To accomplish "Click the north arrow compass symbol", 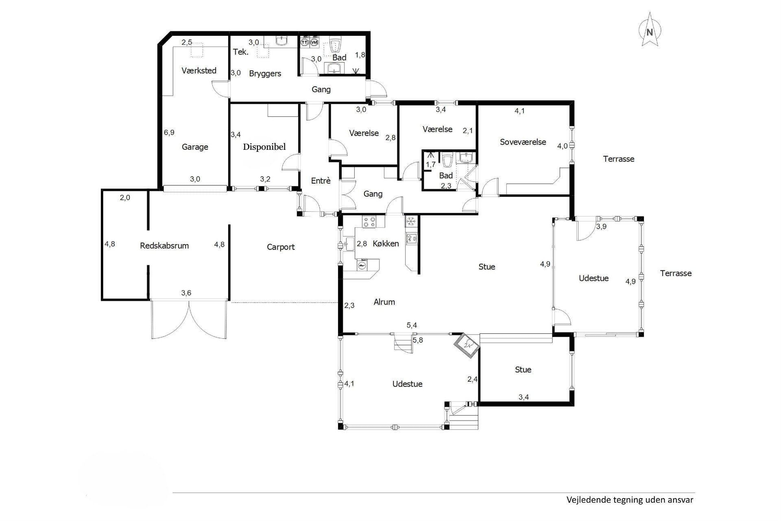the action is [650, 29].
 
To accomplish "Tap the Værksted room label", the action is [199, 70].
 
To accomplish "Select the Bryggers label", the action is [265, 74].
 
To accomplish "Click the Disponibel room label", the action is [264, 147].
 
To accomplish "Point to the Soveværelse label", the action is [523, 142].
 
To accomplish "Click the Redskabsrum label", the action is [164, 246].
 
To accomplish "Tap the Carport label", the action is [281, 247].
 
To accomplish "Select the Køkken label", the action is [386, 243].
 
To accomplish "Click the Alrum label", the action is [384, 302].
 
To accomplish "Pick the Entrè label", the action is [321, 181].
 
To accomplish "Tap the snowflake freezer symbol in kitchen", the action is [411, 221].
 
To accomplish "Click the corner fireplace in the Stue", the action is [467, 346].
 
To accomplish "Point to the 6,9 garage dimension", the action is [169, 132].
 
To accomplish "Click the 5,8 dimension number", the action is [418, 340].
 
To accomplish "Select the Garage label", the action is [195, 147].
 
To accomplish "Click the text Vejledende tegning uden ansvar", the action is [630, 500].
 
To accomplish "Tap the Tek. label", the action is [241, 52].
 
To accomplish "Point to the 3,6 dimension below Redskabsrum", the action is [186, 293].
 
